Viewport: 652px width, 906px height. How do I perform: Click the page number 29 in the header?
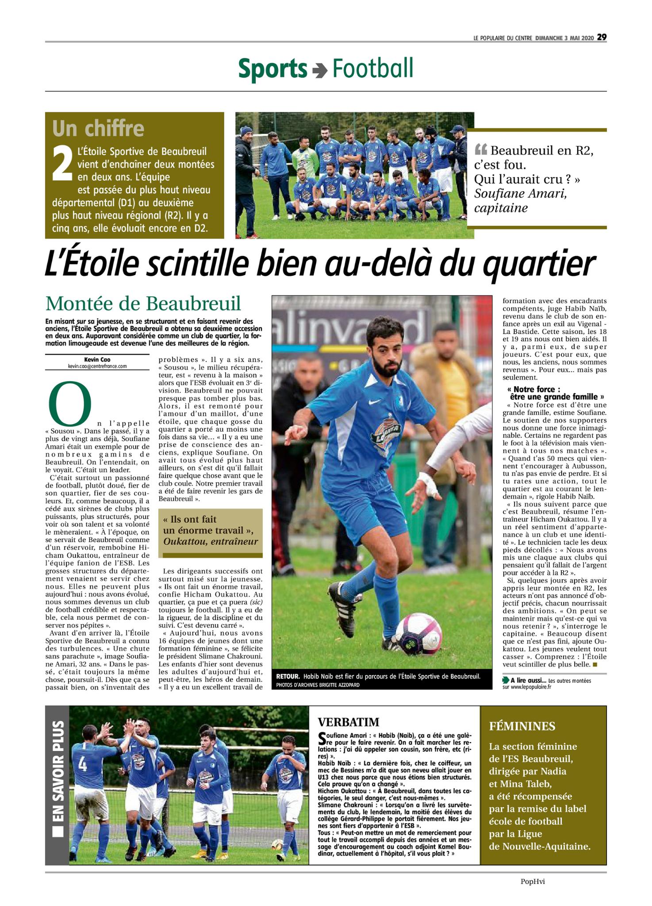pyautogui.click(x=602, y=38)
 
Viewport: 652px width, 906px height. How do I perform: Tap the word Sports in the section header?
pyautogui.click(x=272, y=69)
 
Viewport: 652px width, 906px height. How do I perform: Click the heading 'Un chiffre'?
pyautogui.click(x=98, y=129)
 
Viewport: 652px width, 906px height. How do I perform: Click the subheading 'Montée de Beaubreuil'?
pyautogui.click(x=143, y=303)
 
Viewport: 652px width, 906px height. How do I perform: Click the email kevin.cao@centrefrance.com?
pyautogui.click(x=97, y=366)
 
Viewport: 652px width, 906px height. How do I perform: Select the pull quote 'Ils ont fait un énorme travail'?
pyautogui.click(x=210, y=530)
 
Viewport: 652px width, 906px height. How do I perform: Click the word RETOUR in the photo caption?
pyautogui.click(x=288, y=677)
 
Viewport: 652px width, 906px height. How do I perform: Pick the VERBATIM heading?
pyautogui.click(x=349, y=722)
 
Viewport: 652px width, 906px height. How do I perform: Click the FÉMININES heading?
pyautogui.click(x=522, y=726)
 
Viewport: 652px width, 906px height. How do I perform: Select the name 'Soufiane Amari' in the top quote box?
pyautogui.click(x=521, y=194)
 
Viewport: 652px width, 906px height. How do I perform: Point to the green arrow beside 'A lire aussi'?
pyautogui.click(x=506, y=680)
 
